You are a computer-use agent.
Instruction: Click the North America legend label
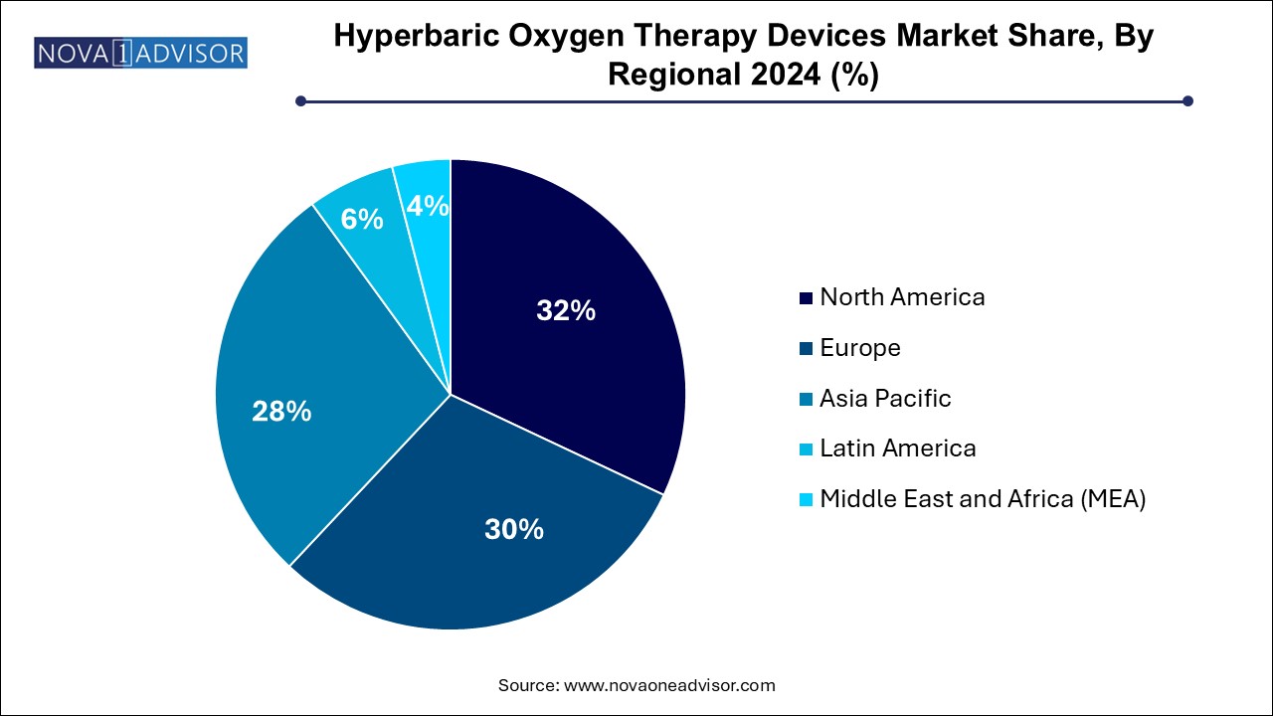(902, 297)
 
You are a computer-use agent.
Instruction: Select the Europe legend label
(860, 348)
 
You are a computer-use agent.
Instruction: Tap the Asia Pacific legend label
(885, 399)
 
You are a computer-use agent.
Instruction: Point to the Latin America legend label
(898, 448)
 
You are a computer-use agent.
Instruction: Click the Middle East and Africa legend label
(983, 499)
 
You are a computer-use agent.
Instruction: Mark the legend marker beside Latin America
(806, 449)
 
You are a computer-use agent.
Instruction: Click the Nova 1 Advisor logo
(140, 53)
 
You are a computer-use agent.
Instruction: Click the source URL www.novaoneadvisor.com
(669, 685)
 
